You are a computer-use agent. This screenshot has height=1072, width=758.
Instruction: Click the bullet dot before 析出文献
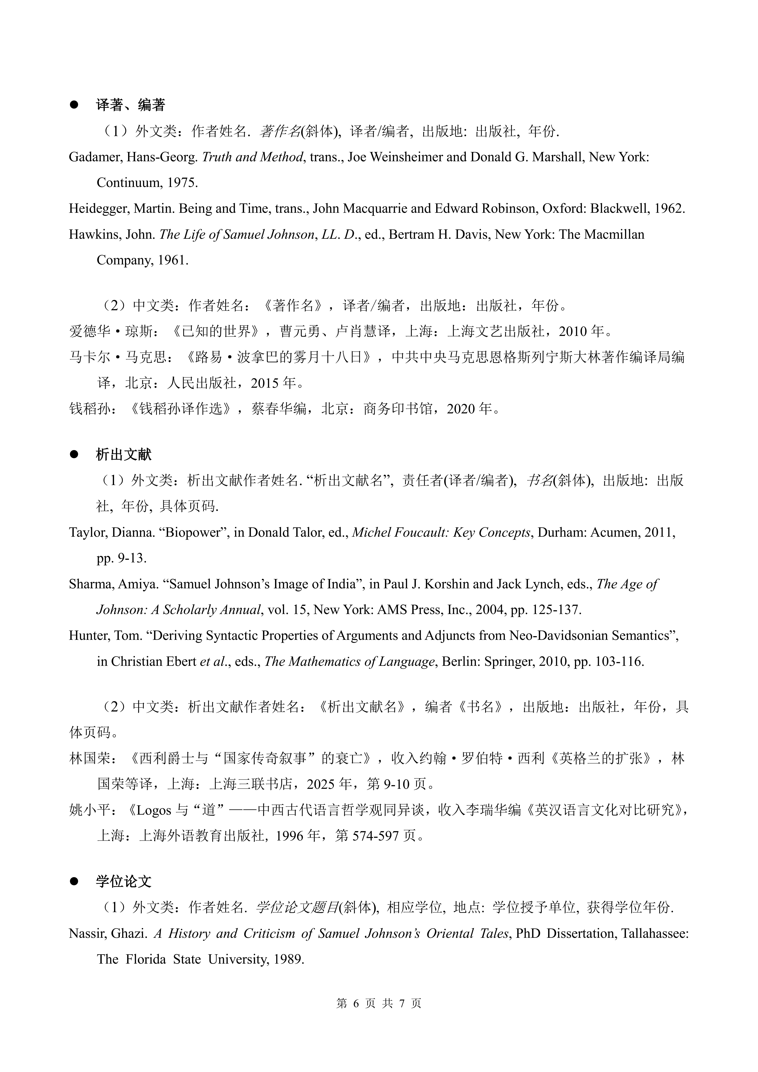[74, 454]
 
